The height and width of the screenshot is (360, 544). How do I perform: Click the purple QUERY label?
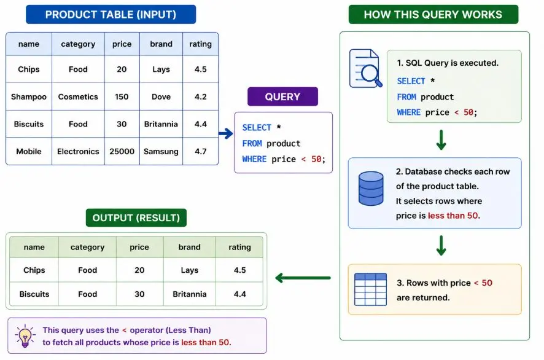(x=282, y=96)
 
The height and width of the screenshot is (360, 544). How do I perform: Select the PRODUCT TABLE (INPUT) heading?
(x=111, y=15)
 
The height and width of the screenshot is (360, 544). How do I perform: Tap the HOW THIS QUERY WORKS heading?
(x=433, y=15)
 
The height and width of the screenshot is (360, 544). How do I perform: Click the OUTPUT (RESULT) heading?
(x=136, y=217)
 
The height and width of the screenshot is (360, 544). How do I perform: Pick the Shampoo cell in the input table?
(x=29, y=96)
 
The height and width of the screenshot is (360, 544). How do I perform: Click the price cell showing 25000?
(x=122, y=151)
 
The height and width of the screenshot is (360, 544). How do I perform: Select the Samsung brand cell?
(x=161, y=151)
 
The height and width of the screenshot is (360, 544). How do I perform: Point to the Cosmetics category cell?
(x=78, y=96)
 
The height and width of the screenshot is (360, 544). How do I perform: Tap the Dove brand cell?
(x=161, y=96)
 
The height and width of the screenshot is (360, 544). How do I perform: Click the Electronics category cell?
(x=78, y=151)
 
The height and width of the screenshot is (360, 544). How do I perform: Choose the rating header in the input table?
(x=201, y=44)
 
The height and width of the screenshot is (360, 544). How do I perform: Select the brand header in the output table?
(x=190, y=247)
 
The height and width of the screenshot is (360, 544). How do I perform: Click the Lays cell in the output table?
(x=190, y=270)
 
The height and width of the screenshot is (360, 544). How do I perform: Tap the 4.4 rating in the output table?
(x=239, y=294)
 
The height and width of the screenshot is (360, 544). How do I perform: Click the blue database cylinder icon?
(x=371, y=189)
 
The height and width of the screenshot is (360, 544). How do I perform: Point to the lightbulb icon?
(x=25, y=336)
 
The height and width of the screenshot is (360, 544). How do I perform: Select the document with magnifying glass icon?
(x=365, y=68)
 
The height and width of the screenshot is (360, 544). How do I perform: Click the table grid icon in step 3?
(x=370, y=289)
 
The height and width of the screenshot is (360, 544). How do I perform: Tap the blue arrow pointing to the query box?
(x=226, y=133)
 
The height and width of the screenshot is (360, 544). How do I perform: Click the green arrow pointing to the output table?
(x=303, y=278)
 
